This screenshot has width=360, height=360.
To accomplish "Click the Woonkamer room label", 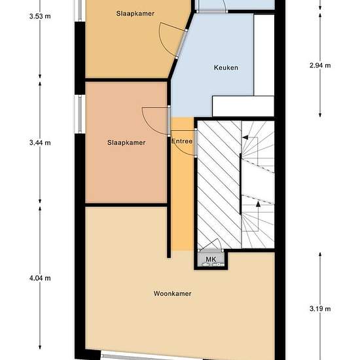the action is pyautogui.click(x=172, y=293).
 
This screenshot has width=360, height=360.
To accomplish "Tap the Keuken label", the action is pyautogui.click(x=226, y=67).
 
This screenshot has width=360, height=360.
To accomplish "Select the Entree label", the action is pyautogui.click(x=182, y=141).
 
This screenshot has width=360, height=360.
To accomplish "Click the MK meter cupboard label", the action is pyautogui.click(x=211, y=259).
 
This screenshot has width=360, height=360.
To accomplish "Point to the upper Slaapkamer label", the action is pyautogui.click(x=135, y=13).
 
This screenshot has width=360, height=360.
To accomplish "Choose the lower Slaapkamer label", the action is pyautogui.click(x=126, y=143).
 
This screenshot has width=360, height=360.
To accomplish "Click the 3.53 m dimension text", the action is pyautogui.click(x=40, y=16).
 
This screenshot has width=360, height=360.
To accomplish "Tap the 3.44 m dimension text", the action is pyautogui.click(x=40, y=143).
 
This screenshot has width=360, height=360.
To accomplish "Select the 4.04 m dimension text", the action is pyautogui.click(x=40, y=278).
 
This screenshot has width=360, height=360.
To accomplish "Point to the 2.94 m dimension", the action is pyautogui.click(x=320, y=65).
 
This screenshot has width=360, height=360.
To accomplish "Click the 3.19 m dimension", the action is pyautogui.click(x=320, y=308).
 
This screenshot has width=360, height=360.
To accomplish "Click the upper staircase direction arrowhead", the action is pyautogui.click(x=245, y=137).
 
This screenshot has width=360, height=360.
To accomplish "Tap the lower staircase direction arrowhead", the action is pyautogui.click(x=258, y=204).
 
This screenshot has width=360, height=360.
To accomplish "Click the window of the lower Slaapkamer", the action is pyautogui.click(x=80, y=114).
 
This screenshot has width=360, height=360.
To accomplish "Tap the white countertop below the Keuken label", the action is pyautogui.click(x=243, y=106).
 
